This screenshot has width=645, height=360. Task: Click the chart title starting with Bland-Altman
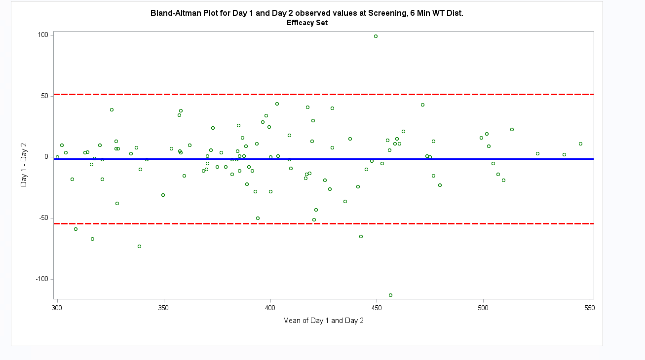point(306,13)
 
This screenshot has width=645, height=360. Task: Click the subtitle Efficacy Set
point(307,23)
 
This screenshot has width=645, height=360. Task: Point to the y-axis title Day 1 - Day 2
point(24,165)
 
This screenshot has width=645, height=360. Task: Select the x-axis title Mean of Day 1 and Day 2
point(323,321)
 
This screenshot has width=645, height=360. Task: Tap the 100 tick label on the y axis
point(43,35)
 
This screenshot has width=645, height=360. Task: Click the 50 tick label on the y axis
point(44,96)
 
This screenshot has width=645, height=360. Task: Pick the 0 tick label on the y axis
point(46,157)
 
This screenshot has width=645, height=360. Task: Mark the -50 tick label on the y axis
point(43,218)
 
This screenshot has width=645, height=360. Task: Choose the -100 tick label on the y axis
point(42,279)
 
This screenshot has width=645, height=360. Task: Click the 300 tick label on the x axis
point(57,308)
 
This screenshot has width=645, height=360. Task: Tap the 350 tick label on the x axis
point(164,308)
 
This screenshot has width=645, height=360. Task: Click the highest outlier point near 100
point(376,36)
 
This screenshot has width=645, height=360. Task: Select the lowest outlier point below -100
point(390,295)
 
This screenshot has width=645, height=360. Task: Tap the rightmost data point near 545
point(580,144)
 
